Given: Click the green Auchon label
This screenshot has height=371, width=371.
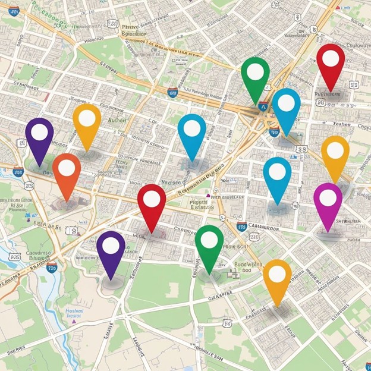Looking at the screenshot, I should pos(119,120).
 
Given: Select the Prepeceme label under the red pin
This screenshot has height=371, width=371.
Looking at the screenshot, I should pos(328,94).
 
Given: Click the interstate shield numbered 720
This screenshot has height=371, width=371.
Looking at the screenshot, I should pos(52,269).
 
